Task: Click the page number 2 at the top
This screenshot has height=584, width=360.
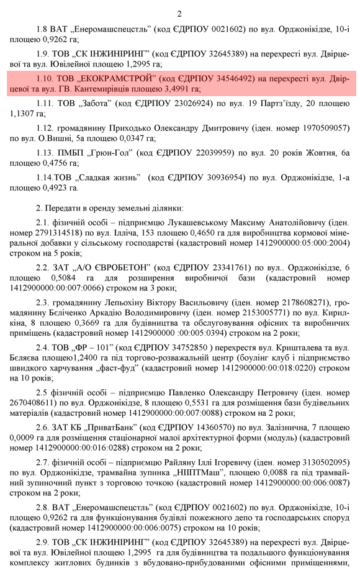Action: pos(179,14)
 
